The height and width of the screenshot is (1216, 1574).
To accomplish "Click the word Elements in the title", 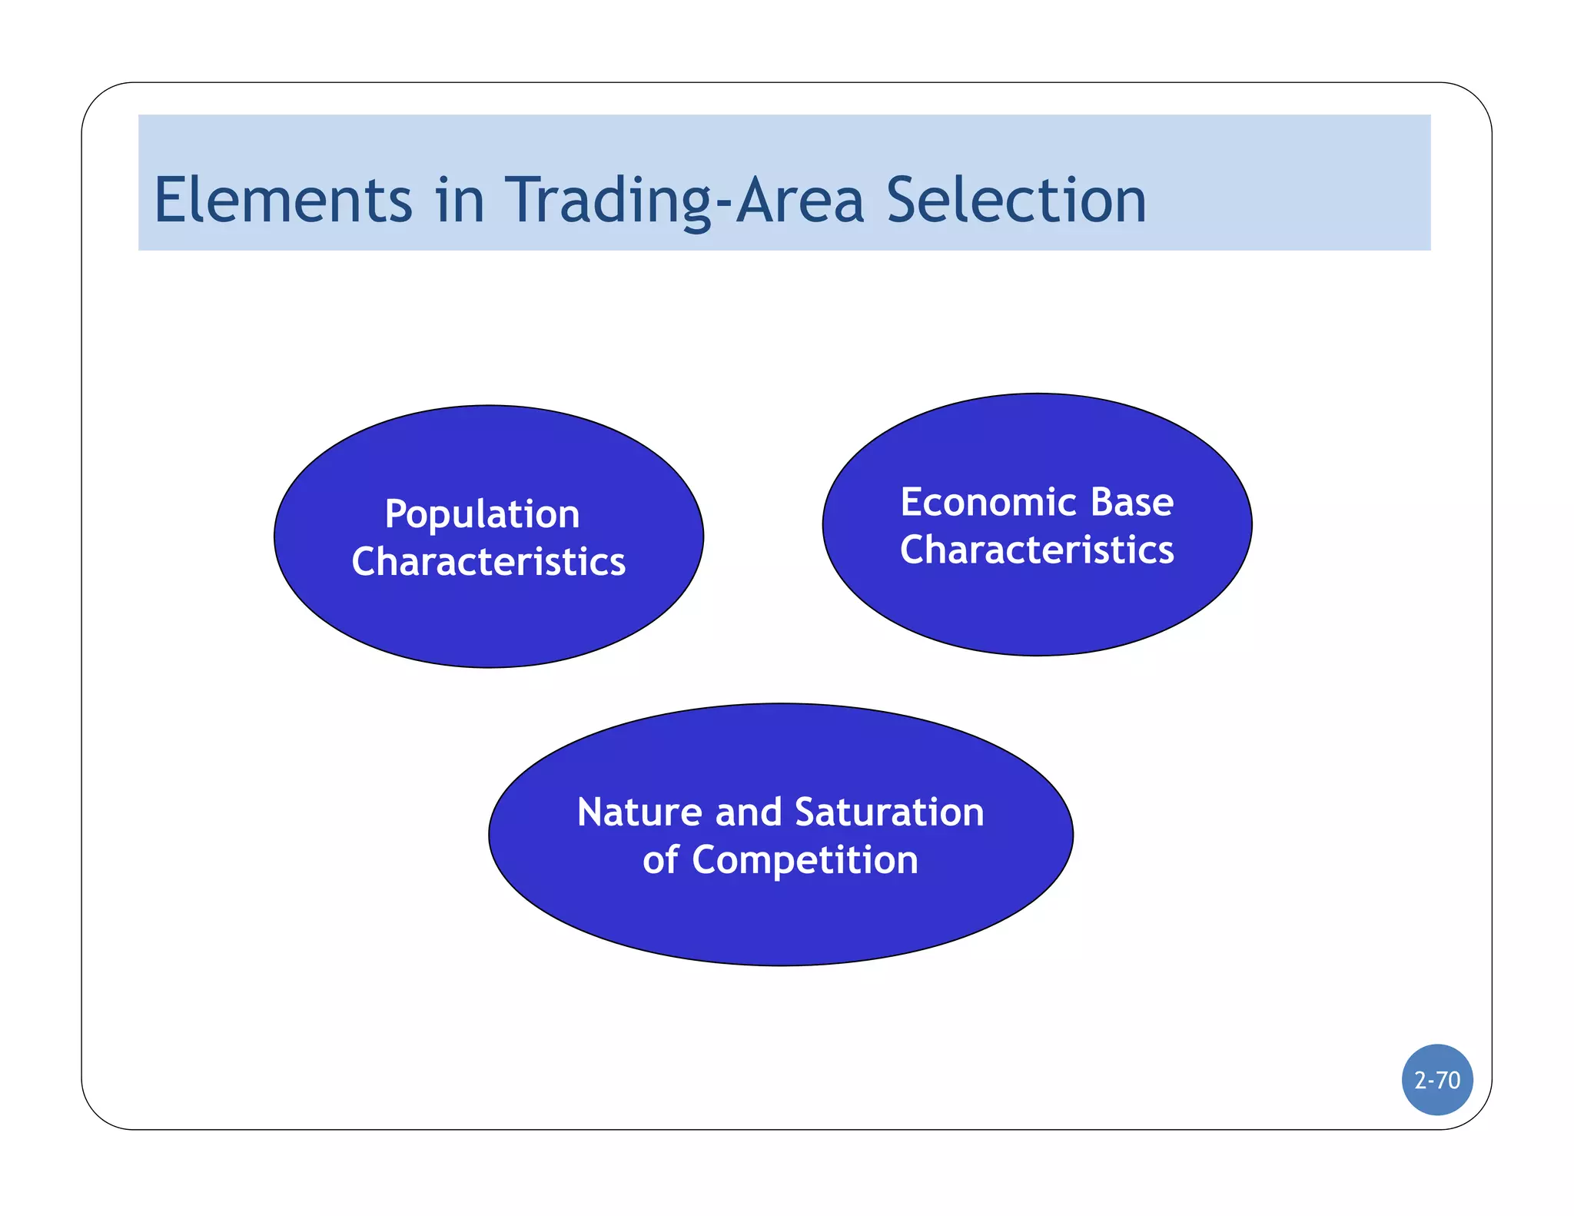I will pyautogui.click(x=283, y=200).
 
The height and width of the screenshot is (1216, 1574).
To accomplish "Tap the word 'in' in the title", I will pyautogui.click(x=460, y=200).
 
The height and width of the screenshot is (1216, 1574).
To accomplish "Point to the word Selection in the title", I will pyautogui.click(x=1016, y=200).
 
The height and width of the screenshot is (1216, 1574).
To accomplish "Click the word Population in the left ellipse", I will pyautogui.click(x=482, y=514).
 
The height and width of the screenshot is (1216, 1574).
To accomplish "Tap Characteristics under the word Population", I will pyautogui.click(x=489, y=561).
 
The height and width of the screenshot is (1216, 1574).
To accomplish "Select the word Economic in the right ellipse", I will pyautogui.click(x=988, y=502).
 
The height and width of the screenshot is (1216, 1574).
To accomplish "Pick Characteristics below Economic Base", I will pyautogui.click(x=1037, y=550).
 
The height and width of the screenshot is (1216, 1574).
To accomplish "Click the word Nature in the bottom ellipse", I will pyautogui.click(x=639, y=812).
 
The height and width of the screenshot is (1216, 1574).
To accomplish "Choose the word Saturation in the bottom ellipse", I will pyautogui.click(x=889, y=812).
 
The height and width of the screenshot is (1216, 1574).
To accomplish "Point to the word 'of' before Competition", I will pyautogui.click(x=660, y=859).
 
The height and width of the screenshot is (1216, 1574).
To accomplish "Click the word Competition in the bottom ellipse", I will pyautogui.click(x=805, y=859).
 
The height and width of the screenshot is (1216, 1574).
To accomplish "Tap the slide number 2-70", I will pyautogui.click(x=1437, y=1080).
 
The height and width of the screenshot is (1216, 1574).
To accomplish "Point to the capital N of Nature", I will pyautogui.click(x=591, y=812).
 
